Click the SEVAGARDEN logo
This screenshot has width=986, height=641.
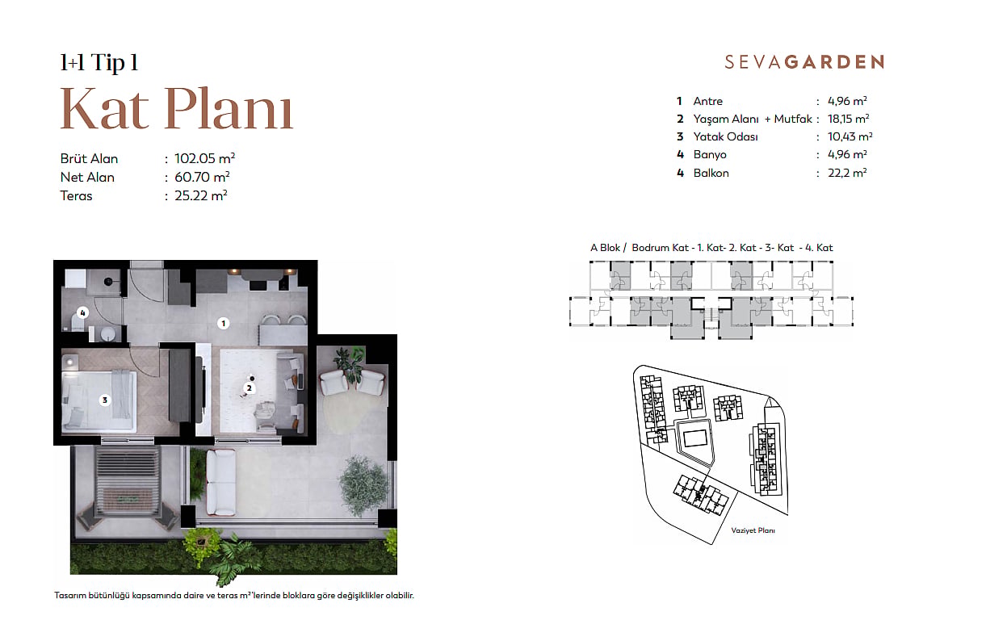(804, 62)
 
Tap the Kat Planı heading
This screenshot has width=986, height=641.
(177, 109)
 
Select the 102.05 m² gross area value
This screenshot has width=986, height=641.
(204, 158)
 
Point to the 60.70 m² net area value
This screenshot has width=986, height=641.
(202, 177)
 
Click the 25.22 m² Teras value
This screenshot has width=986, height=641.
(201, 195)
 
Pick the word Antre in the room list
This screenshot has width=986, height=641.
(708, 101)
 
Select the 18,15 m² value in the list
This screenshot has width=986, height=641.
(848, 119)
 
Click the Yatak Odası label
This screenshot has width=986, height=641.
(725, 136)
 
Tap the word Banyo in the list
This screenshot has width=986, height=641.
(710, 155)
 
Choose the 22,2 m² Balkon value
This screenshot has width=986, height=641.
(847, 173)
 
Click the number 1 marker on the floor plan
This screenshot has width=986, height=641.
(223, 324)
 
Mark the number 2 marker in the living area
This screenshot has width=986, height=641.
(250, 388)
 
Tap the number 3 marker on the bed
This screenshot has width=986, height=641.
(105, 400)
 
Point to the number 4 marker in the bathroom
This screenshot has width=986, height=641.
(82, 312)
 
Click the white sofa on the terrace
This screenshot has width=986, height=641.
(221, 482)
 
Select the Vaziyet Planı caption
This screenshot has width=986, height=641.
(753, 530)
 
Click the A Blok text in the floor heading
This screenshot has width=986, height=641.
(605, 248)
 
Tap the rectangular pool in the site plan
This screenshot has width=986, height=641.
(695, 438)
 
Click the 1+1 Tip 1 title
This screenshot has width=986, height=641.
(99, 62)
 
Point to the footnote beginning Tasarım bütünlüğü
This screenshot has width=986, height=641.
(234, 595)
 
